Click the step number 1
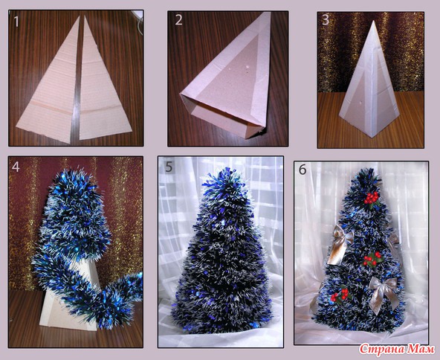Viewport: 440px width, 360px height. point(16,22)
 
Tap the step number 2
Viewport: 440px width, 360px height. point(178,19)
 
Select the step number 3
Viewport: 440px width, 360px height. point(326,19)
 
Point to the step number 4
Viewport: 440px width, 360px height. point(16,167)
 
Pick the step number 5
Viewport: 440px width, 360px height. point(169,167)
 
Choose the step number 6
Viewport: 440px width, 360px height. point(302,170)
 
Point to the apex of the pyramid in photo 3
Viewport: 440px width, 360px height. point(373,21)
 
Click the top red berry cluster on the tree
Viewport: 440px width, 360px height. point(371,197)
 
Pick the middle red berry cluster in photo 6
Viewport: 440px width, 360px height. point(372,260)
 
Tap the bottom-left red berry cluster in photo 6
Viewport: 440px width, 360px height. point(339,295)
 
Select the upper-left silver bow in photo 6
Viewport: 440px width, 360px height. point(340,244)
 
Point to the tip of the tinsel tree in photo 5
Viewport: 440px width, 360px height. point(226,169)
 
